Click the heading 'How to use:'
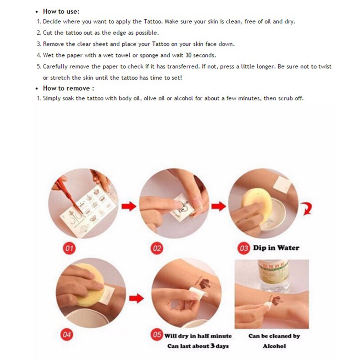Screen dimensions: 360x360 tap(61, 12)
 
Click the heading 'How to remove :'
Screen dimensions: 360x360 tap(68, 88)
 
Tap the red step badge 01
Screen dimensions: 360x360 tap(69, 248)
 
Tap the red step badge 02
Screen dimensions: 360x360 tap(157, 248)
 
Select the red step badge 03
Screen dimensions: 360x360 tap(243, 248)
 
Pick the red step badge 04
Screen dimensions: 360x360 tap(67, 334)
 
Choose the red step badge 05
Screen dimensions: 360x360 tap(157, 334)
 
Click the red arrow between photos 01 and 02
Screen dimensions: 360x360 tap(129, 206)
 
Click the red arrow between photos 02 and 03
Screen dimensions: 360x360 tap(219, 206)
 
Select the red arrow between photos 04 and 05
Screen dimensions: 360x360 tap(136, 298)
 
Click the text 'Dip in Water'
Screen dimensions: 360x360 tap(276, 248)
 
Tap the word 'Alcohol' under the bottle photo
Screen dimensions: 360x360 tap(274, 346)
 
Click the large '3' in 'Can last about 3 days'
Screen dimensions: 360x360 tap(213, 346)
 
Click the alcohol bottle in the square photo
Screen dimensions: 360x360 tap(274, 275)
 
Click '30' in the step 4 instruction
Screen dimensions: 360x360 tap(188, 55)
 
